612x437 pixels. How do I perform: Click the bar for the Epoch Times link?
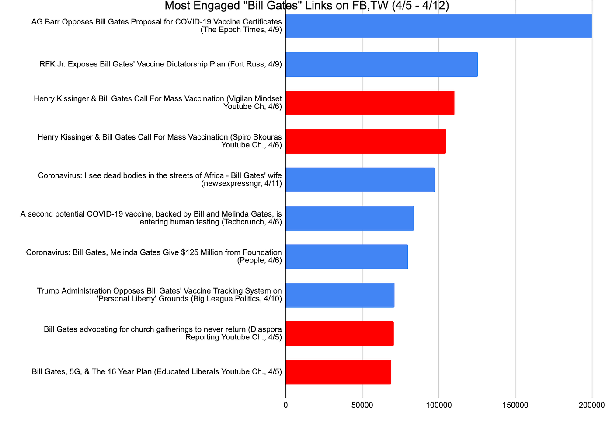[x=438, y=26]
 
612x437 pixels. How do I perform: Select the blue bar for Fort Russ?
[x=381, y=64]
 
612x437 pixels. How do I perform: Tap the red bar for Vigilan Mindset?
[x=370, y=103]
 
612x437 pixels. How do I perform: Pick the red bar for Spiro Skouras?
[x=365, y=141]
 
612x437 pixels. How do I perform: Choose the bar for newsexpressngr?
[x=360, y=180]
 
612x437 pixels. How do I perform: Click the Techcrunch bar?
[x=349, y=218]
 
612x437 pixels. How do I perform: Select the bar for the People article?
[x=347, y=256]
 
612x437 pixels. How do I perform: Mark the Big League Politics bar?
[x=340, y=295]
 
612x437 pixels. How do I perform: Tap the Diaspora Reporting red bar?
[x=339, y=333]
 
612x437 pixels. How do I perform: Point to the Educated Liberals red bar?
[x=338, y=372]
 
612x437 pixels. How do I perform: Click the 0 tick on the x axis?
[x=285, y=405]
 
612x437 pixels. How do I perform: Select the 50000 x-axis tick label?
[x=362, y=405]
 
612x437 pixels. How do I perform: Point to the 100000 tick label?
[x=438, y=405]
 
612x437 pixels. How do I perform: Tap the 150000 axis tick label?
[x=515, y=405]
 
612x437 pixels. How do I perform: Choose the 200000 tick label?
[x=591, y=405]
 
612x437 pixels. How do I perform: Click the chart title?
[x=306, y=6]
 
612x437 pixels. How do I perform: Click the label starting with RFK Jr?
[x=160, y=64]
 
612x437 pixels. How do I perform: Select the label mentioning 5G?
[x=156, y=372]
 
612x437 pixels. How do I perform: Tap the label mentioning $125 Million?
[x=154, y=256]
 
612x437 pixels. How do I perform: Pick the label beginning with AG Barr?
[x=156, y=26]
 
